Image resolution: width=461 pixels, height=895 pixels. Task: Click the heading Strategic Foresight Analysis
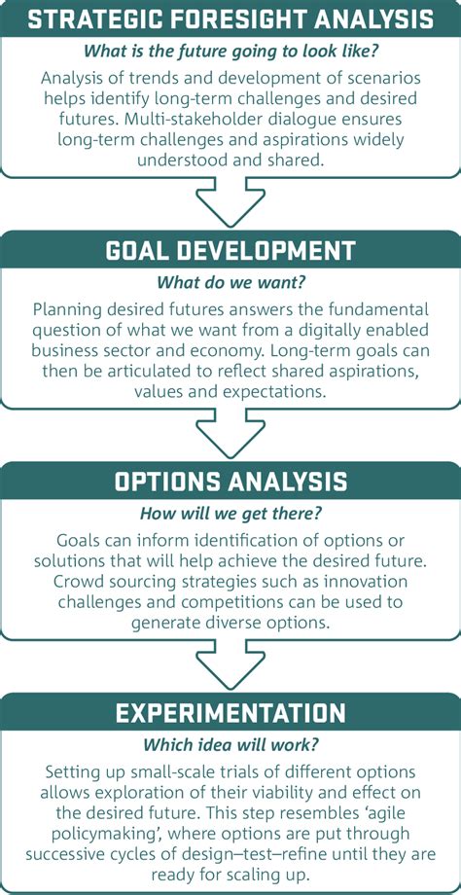230,18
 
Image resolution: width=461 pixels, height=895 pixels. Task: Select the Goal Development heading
230,250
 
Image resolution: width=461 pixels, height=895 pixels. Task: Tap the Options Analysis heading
230,482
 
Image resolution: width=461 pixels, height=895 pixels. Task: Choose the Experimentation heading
230,713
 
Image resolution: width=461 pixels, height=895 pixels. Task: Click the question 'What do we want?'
230,282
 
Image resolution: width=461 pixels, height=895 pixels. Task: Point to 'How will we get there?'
230,514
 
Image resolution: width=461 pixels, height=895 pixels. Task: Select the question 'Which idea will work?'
230,745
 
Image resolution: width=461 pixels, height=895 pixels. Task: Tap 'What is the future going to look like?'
230,49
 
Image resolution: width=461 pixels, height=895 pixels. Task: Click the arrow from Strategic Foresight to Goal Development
230,204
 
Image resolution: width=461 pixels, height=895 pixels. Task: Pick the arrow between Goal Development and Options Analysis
230,436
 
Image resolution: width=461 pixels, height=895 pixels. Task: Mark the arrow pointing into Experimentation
230,667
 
